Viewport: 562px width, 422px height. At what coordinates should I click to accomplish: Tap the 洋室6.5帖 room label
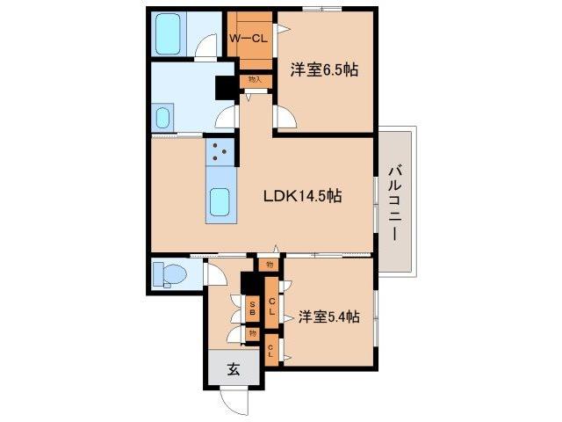tap(324, 69)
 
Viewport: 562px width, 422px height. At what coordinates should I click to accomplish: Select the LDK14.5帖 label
tap(303, 197)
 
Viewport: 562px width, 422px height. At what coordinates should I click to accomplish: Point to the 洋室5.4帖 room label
tap(328, 317)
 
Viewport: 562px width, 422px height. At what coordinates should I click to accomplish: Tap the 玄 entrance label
tap(234, 370)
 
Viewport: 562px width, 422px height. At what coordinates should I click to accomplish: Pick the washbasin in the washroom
tap(162, 118)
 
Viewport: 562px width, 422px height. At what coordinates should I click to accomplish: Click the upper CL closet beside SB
tap(272, 308)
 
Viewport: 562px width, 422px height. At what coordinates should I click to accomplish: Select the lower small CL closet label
tap(271, 350)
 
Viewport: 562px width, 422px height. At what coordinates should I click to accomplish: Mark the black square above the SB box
tap(250, 283)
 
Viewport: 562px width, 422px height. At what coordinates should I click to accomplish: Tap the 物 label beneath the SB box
tap(252, 333)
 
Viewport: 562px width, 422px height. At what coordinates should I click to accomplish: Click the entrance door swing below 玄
tap(235, 401)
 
